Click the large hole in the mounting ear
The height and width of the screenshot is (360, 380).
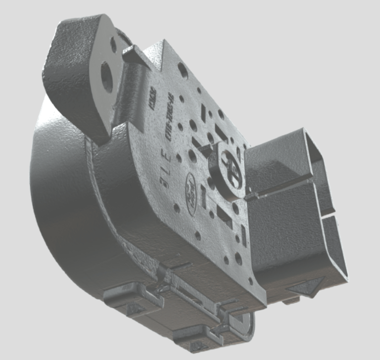107,77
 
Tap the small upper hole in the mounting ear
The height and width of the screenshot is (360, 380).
113,45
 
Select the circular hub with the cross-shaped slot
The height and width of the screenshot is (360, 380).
231,165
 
